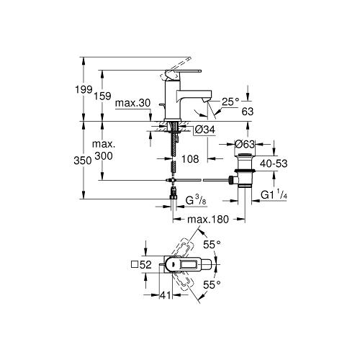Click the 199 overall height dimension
[84, 89]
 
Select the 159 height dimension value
[102, 96]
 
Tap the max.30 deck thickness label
[132, 103]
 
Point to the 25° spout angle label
[230, 102]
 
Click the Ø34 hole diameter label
[204, 130]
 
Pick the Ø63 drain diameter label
[245, 144]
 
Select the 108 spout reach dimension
[190, 159]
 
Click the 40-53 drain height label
[274, 163]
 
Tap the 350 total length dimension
[83, 161]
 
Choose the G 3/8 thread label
[196, 200]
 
